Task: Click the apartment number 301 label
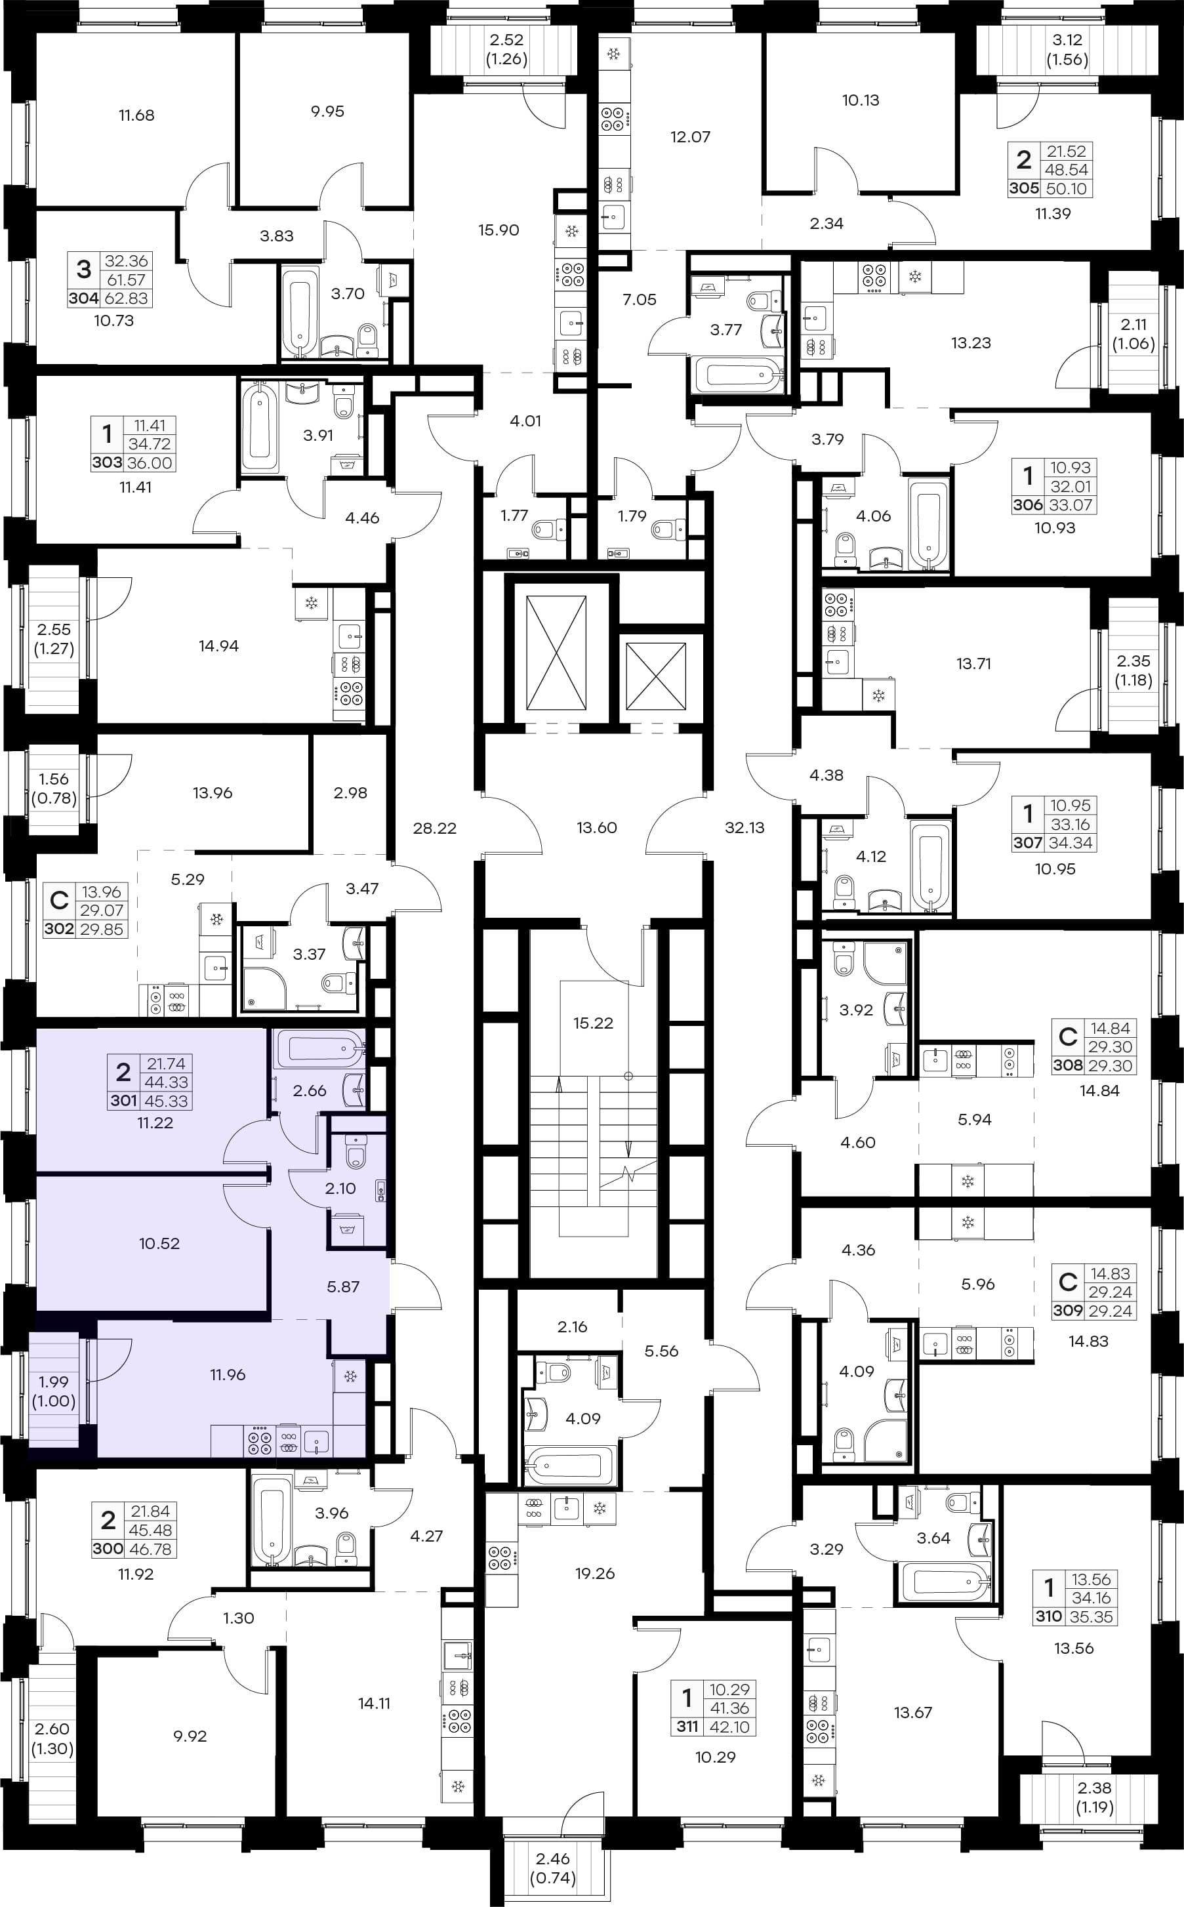tap(124, 1100)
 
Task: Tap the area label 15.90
tap(499, 230)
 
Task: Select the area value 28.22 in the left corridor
tap(435, 828)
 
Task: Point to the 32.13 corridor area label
tap(744, 827)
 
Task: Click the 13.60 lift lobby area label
tap(597, 828)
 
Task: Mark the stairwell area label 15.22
tap(593, 1023)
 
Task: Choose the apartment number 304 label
tap(83, 298)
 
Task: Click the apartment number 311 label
tap(687, 1727)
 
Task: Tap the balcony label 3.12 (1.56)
tap(1067, 50)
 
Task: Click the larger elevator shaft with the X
tap(556, 652)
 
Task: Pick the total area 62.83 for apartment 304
tap(126, 298)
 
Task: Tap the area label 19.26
tap(594, 1573)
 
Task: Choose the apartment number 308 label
tap(1068, 1065)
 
